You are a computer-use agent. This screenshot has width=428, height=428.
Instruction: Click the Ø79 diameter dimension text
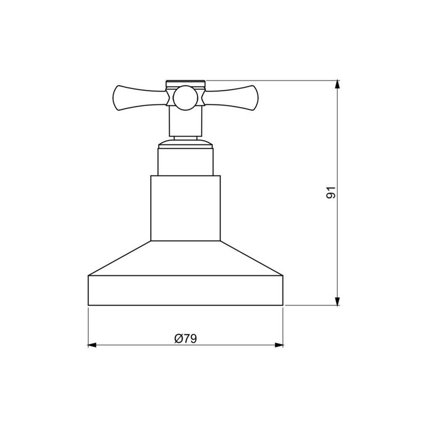tap(185, 338)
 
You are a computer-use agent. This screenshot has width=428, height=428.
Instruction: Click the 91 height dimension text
tap(331, 193)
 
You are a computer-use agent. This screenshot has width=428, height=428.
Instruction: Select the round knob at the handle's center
tap(185, 97)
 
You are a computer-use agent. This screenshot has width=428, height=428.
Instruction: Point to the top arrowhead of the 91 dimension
tap(337, 85)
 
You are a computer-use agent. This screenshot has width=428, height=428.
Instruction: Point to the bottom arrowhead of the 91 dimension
tap(337, 301)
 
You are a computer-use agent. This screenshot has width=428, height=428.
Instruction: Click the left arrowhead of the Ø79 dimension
tap(92, 345)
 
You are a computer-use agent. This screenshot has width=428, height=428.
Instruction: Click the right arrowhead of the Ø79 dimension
tap(279, 345)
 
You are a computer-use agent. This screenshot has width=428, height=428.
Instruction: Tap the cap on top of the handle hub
tap(185, 83)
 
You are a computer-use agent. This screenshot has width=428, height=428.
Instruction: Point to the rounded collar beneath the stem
tap(185, 141)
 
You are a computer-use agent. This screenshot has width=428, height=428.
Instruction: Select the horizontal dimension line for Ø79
tap(139, 345)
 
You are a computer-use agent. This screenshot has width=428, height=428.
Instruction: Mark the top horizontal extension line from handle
tap(267, 80)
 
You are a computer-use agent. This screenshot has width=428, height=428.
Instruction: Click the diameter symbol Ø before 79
tap(178, 338)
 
